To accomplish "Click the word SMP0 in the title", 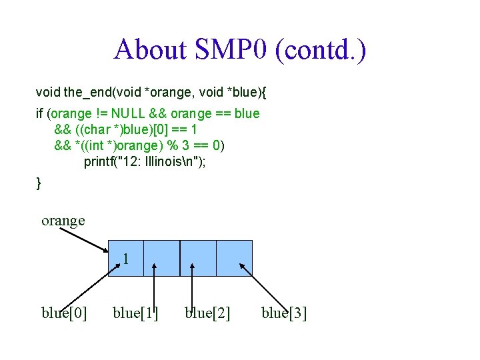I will (230, 50).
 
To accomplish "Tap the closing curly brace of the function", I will (39, 182).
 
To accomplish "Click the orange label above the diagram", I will (63, 220).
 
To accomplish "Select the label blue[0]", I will (64, 312).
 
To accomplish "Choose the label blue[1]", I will (136, 312).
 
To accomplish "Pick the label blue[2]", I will (207, 312).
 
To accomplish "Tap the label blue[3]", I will (284, 312).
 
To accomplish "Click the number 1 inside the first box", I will (125, 259).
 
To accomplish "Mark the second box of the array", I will (162, 257).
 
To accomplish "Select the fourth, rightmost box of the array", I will (235, 257).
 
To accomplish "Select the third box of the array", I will (198, 257).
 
